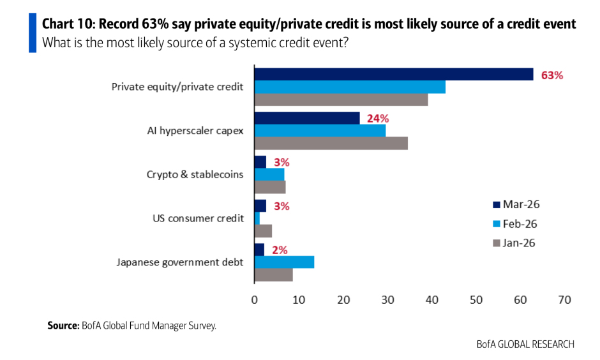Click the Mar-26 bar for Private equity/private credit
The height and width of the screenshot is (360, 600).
393,74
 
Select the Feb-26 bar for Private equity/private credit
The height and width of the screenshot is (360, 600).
350,87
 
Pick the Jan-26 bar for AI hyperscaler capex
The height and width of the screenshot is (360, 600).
331,144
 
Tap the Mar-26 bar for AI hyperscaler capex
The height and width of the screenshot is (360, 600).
307,118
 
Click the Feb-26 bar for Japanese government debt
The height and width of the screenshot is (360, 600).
284,262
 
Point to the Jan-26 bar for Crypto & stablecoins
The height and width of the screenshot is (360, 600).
270,187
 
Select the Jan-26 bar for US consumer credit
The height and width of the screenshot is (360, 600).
263,230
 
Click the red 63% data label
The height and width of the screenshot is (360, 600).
552,75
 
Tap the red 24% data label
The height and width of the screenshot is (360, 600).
377,118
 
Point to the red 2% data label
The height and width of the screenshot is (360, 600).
279,250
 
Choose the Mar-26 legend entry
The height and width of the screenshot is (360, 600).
521,204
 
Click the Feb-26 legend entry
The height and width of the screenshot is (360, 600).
521,223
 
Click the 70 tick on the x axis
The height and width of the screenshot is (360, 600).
564,299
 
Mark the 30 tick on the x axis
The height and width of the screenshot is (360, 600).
387,299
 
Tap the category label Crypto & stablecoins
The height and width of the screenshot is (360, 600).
195,174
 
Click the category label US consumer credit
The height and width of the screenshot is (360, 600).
198,218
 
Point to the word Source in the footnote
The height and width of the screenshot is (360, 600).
63,326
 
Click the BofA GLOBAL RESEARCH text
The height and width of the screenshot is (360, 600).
525,344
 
